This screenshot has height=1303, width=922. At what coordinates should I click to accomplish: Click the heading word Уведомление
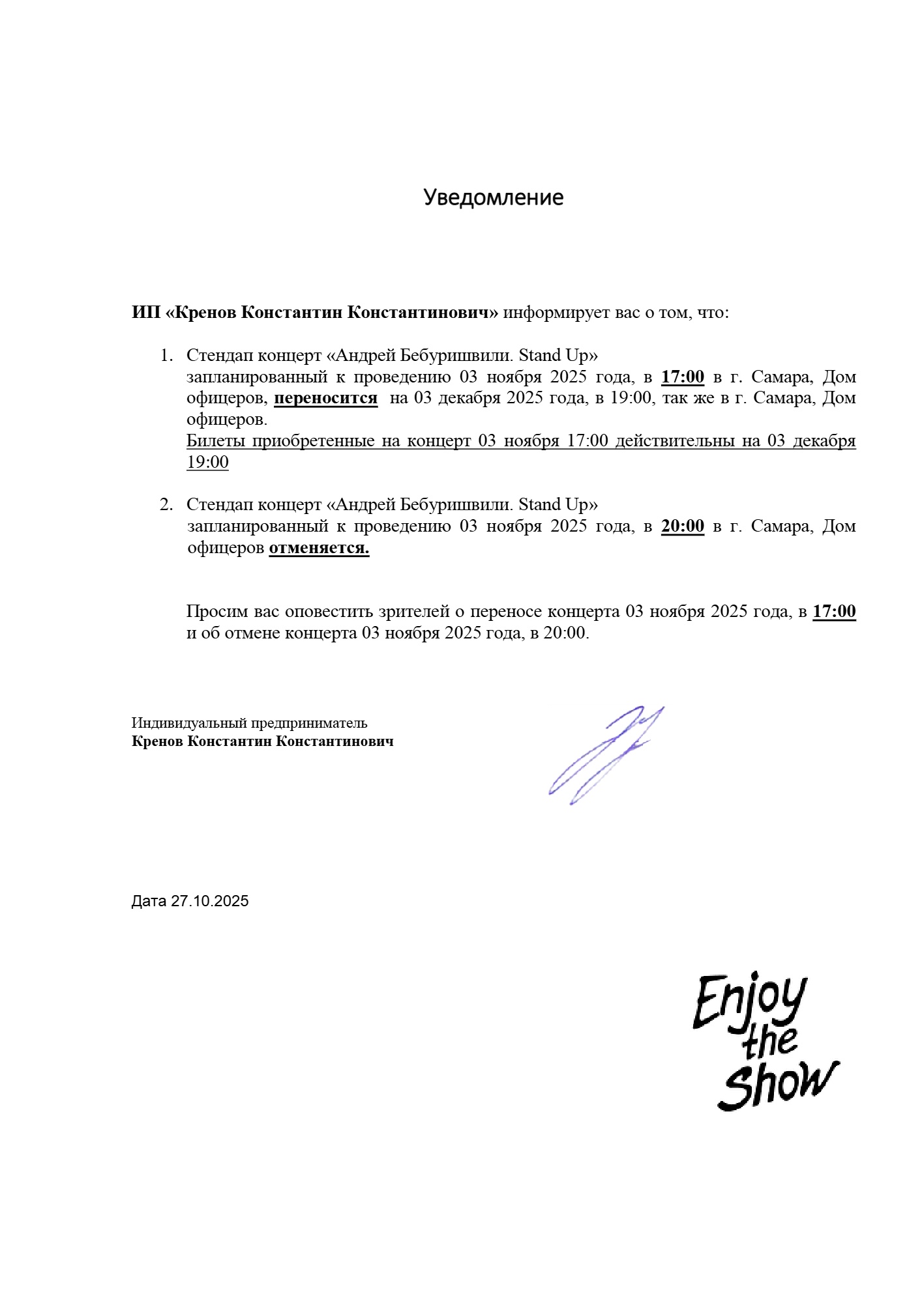click(x=493, y=197)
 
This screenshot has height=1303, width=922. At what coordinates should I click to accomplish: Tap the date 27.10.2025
click(x=210, y=901)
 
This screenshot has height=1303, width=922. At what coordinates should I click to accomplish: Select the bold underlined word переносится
click(x=325, y=398)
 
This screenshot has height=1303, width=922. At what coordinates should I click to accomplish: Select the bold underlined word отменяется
click(x=319, y=548)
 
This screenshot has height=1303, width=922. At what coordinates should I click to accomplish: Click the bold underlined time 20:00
click(x=683, y=526)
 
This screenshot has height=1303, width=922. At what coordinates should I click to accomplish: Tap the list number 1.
click(x=166, y=356)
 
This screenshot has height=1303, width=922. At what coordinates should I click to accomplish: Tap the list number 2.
click(x=166, y=505)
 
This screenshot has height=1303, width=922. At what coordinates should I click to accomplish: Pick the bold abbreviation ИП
click(x=145, y=313)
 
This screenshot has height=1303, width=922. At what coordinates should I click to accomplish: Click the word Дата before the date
click(x=149, y=901)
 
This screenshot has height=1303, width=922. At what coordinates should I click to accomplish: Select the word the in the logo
click(x=769, y=1042)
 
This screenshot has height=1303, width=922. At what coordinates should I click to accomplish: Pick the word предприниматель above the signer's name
click(x=309, y=723)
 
